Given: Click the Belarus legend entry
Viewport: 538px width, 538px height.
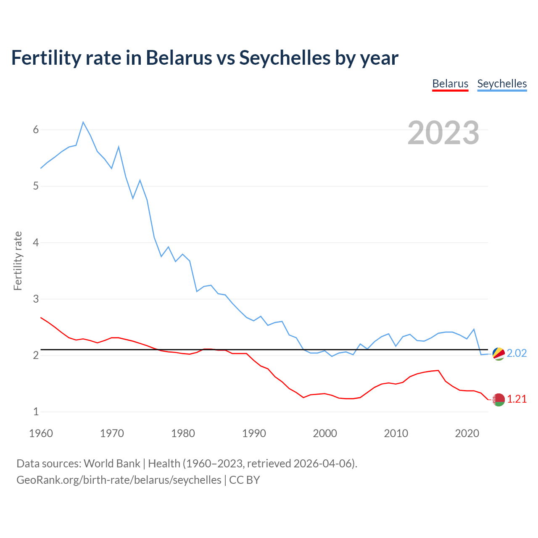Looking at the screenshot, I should coord(450,84).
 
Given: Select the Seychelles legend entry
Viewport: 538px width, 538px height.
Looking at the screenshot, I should coord(502,84).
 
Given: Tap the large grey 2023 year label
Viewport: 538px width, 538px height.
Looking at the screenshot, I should coord(443,133).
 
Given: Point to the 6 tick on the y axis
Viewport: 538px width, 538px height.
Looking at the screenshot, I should coord(36,129).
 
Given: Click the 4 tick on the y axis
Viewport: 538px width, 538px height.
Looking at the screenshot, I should coord(36,243).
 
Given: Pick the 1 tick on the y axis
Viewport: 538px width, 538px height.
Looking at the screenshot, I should coord(36,411).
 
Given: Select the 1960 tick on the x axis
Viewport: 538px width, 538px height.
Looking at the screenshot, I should coord(41,433).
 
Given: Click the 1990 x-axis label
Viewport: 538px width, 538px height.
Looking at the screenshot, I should coord(254,433).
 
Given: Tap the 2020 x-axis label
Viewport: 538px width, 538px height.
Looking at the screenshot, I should coord(467,433).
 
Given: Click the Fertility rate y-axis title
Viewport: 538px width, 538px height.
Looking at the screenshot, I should coord(18,261).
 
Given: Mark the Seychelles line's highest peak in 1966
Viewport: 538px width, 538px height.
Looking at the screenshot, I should coord(83,122).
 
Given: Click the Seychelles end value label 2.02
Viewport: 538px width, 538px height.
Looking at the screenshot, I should coord(517,353).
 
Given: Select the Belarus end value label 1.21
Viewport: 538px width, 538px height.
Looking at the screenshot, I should coord(517,399).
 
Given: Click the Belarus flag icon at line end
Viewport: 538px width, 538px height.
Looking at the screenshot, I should coord(498,400).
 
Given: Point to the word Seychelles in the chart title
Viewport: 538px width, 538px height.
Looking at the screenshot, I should coord(285,58).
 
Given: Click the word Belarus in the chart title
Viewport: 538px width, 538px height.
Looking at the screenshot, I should coord(179,58).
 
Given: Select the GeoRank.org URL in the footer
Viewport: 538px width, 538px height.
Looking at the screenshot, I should coord(119,480).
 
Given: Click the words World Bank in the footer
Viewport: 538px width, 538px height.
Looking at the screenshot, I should coord(112,464).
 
